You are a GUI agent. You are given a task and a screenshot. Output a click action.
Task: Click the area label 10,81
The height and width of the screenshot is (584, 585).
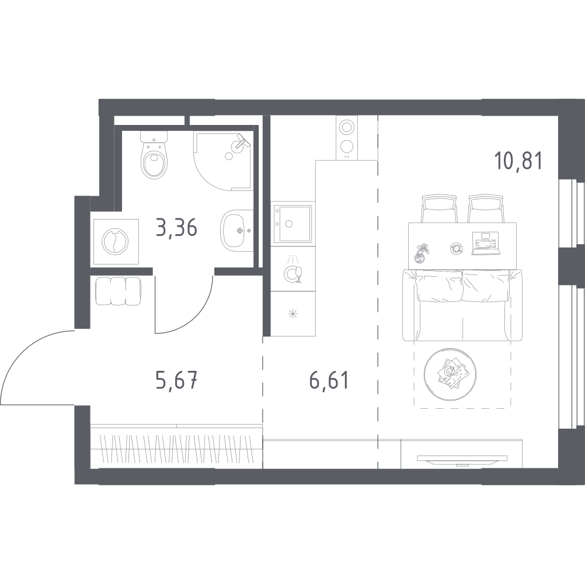pos(518,161)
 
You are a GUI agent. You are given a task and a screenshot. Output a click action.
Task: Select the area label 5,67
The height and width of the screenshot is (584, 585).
pos(176,380)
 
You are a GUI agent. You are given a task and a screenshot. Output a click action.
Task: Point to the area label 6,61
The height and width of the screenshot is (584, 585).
pos(329,380)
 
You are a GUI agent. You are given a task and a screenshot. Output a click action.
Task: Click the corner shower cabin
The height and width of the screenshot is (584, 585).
pos(223,161)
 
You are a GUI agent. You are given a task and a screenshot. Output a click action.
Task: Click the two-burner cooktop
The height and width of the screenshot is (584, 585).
pos(347,138)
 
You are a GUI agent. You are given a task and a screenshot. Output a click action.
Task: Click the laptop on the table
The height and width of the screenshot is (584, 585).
pos(485,244)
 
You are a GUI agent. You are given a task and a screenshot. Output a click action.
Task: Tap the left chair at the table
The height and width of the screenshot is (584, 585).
pos(439,208)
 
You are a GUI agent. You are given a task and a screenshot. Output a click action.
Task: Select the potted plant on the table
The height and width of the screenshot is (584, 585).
pos(422,253)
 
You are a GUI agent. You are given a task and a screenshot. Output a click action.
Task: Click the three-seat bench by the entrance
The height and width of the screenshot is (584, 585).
pos(118,291)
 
